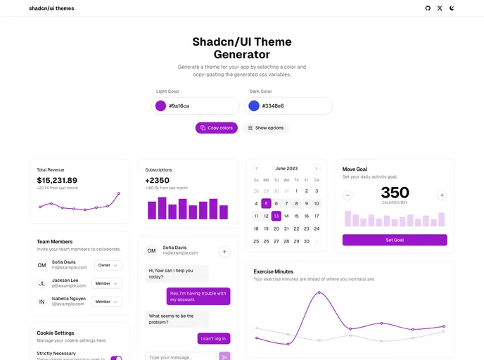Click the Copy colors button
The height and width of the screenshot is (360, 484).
click(216, 128)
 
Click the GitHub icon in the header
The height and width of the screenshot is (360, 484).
click(428, 8)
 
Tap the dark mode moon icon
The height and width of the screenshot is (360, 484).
click(452, 8)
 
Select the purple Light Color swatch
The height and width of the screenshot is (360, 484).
click(160, 106)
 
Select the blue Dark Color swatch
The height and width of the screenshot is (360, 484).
click(253, 106)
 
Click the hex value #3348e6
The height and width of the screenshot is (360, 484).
click(273, 106)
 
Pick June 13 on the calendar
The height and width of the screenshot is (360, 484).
click(276, 216)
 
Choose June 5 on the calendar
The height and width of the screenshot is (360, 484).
click(266, 204)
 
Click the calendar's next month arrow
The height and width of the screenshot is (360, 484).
click(316, 169)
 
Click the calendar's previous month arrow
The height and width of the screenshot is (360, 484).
click(256, 169)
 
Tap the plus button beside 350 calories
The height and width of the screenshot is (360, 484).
click(442, 195)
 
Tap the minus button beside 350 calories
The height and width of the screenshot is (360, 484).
click(348, 195)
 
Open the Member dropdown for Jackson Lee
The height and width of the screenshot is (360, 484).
click(107, 283)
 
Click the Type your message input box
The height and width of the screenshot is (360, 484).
click(181, 357)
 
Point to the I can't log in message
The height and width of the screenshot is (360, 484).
click(214, 338)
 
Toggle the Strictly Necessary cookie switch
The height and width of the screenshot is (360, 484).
click(116, 358)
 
